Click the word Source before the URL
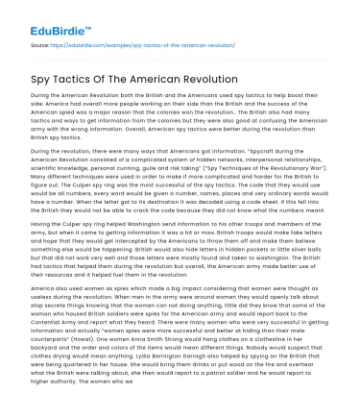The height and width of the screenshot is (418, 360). tap(40, 44)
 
